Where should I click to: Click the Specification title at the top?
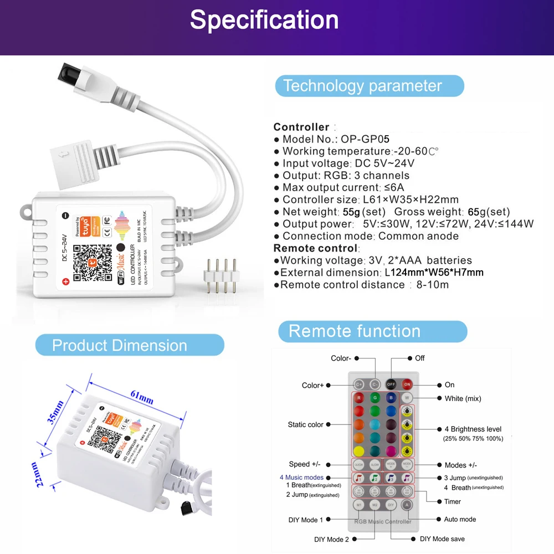tap(264, 20)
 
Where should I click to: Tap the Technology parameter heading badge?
tap(363, 86)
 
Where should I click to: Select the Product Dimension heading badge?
tap(120, 346)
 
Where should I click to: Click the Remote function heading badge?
tap(355, 331)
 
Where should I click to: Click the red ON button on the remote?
tap(408, 384)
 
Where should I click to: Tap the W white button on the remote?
tap(407, 398)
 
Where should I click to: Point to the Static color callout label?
tap(305, 425)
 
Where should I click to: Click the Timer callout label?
tap(452, 501)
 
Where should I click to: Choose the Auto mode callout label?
tap(460, 520)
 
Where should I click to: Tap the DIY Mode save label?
tap(443, 538)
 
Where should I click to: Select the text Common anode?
tap(418, 236)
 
